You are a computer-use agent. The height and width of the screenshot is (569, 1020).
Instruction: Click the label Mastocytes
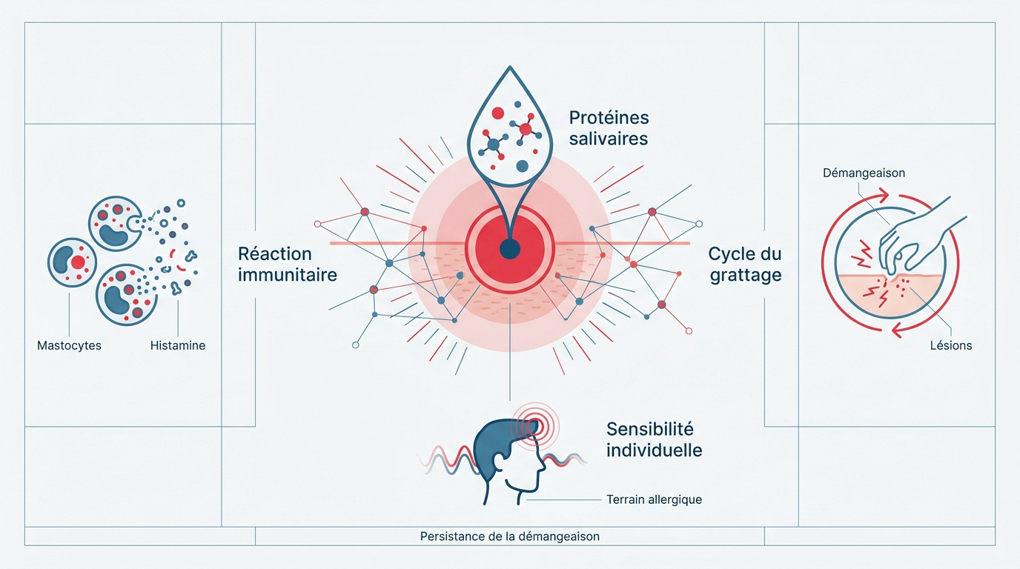coord(69,345)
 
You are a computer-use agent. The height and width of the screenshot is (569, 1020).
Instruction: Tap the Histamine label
coord(178,345)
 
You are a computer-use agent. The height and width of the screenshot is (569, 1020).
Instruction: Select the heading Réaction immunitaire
coord(288,264)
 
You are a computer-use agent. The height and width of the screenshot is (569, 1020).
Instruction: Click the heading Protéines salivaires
coord(609,128)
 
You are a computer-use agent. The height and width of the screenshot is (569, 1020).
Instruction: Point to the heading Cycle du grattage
coord(745,264)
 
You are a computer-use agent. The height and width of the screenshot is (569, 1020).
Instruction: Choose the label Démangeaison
coord(864,173)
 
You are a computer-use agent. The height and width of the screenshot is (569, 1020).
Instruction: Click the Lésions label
coord(951,345)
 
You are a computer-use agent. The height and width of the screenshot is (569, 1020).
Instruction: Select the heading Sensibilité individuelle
coord(655,440)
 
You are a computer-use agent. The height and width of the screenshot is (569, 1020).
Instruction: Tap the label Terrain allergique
coord(654,500)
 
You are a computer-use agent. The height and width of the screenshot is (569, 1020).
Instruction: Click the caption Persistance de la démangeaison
coord(509,536)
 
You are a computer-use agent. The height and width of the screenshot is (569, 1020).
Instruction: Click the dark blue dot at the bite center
coord(509,250)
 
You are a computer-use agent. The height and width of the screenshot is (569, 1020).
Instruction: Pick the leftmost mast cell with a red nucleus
coord(72,262)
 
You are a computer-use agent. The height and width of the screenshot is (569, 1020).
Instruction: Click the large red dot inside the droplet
coord(497,113)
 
